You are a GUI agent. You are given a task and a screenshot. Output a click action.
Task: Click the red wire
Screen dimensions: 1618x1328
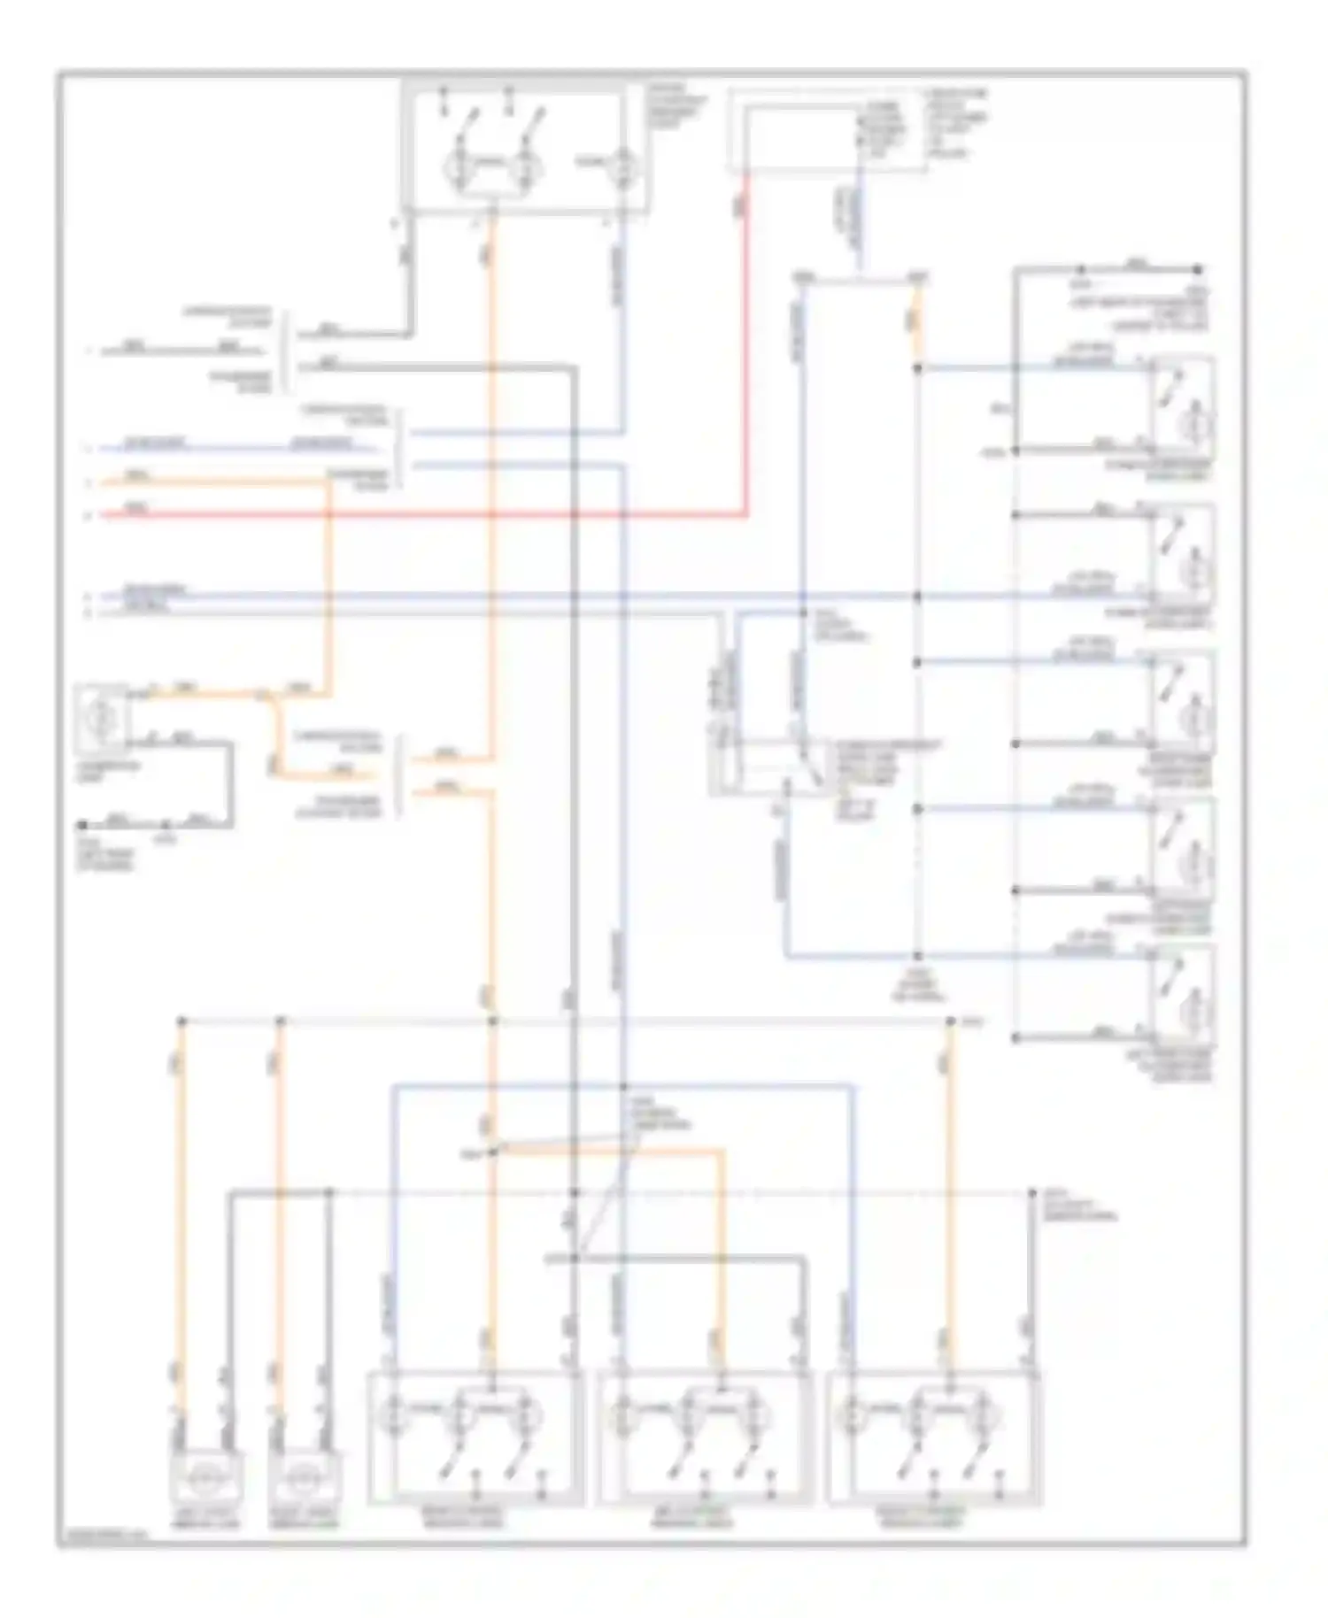(x=425, y=514)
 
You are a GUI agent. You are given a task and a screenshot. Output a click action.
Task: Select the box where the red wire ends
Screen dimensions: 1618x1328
(x=825, y=134)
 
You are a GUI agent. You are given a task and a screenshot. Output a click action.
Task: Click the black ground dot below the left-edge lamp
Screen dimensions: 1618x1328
(x=81, y=825)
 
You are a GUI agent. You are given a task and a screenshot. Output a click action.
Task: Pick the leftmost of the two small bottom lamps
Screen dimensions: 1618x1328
(x=205, y=1478)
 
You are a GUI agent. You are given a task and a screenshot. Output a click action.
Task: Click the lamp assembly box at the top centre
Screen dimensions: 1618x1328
(x=524, y=149)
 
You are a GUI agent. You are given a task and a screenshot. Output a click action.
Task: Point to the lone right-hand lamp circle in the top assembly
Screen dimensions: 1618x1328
(x=623, y=165)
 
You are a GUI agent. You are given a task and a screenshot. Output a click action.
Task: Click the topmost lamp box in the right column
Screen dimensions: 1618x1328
(x=1182, y=406)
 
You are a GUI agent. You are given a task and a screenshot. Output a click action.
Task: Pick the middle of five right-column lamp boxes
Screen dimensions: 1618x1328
(x=1182, y=701)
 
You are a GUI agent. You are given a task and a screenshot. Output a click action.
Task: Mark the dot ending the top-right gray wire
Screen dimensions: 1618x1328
(x=1198, y=268)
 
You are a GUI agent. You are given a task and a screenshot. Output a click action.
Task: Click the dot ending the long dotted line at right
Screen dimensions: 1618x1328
(x=1032, y=1193)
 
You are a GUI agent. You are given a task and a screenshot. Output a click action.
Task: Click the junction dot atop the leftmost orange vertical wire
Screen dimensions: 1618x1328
(x=181, y=1021)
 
